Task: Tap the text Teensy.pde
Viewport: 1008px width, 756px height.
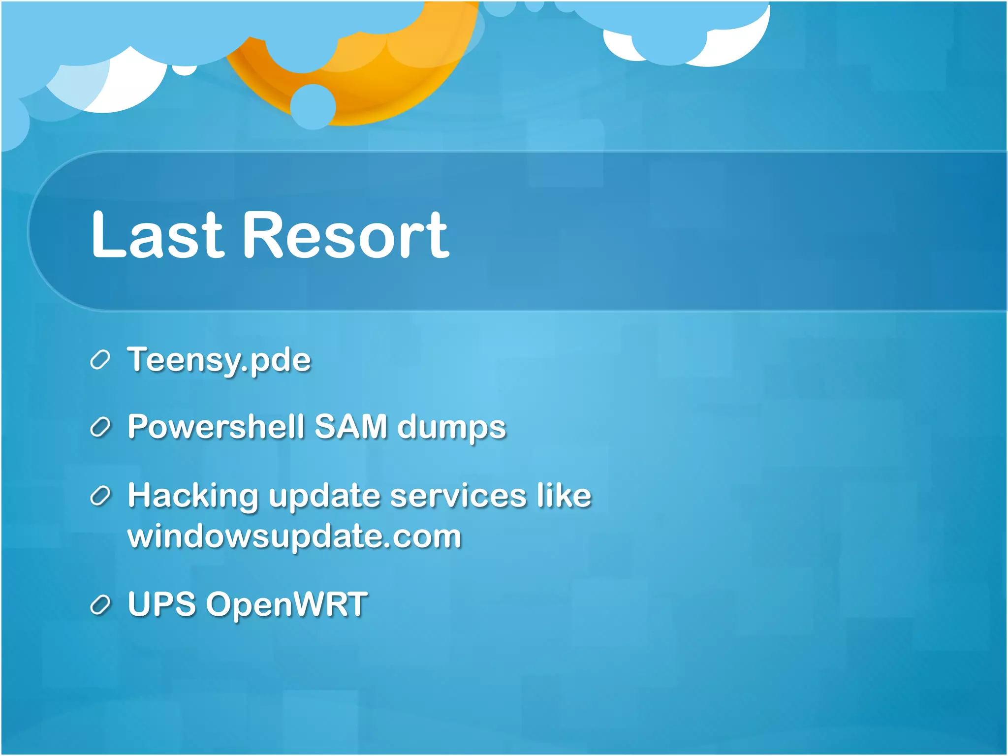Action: (219, 360)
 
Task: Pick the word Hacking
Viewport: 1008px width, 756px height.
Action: (192, 496)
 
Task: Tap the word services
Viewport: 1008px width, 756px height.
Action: (458, 495)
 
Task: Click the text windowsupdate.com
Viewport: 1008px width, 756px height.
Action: (294, 536)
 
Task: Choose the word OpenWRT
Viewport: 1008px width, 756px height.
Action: (286, 604)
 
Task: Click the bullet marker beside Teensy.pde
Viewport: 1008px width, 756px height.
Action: (100, 360)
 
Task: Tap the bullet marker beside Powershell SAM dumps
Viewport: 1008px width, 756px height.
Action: (100, 428)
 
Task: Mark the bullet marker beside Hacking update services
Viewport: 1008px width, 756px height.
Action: (100, 496)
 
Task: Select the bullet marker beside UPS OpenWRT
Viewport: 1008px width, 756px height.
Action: (100, 605)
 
